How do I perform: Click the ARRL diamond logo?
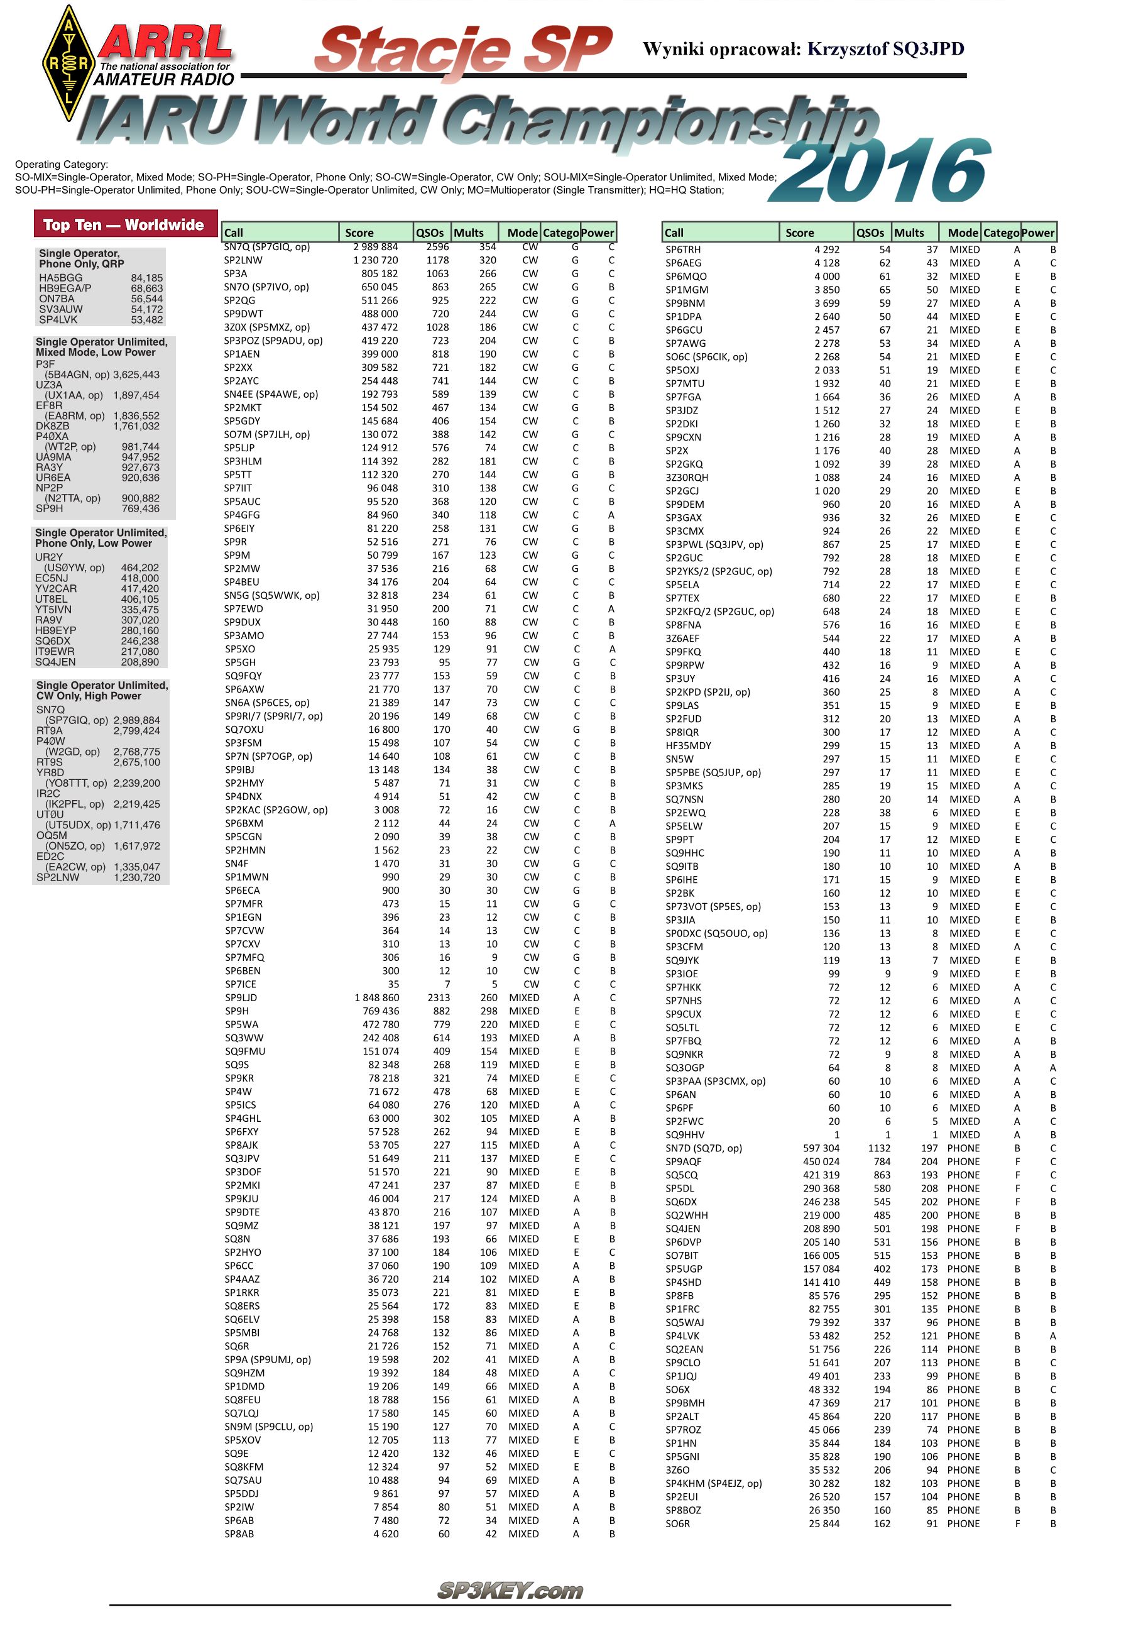[x=68, y=63]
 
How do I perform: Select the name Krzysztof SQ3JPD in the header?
[x=886, y=49]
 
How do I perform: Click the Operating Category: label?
[x=62, y=165]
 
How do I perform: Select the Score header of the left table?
[x=359, y=233]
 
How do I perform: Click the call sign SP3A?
[x=236, y=273]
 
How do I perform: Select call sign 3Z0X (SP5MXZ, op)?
[x=266, y=327]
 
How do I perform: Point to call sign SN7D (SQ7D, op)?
[x=704, y=1148]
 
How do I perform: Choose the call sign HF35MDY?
[x=688, y=745]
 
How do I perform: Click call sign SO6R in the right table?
[x=677, y=1523]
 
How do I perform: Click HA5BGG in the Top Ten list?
[x=61, y=278]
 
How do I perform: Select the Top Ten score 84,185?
[x=146, y=278]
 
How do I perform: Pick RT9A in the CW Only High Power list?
[x=50, y=730]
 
